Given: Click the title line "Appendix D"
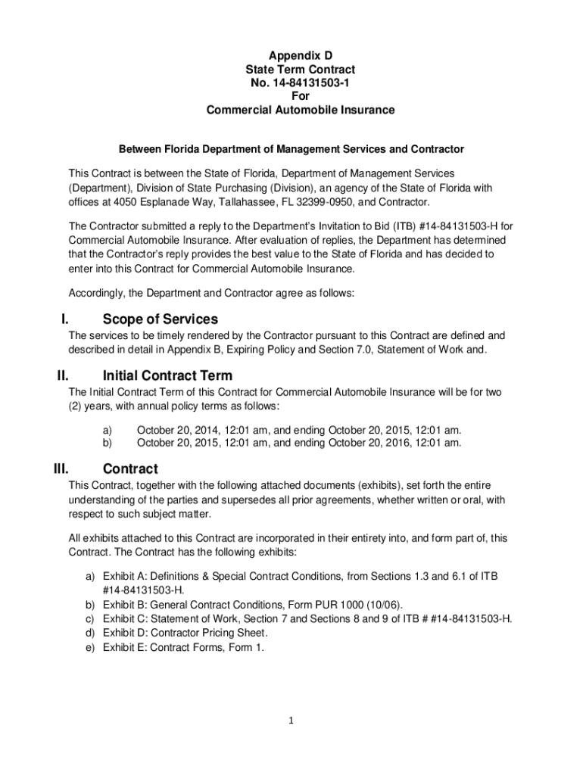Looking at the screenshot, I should pos(301,55).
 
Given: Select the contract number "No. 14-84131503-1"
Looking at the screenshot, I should pos(301,82).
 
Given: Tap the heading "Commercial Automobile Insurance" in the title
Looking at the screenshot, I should pos(301,110).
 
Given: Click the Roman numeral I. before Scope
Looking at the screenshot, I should pos(64,319).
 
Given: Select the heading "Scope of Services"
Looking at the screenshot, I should pos(161,319).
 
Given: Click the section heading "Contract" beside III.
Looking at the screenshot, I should pos(130,468).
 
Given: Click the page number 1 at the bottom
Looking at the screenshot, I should pos(291,721).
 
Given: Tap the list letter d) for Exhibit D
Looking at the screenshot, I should pos(89,632).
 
